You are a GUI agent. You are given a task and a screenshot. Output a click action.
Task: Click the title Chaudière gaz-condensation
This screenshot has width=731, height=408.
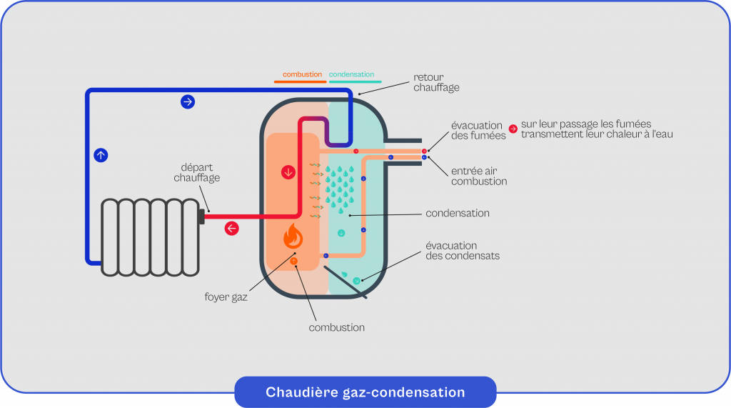click(x=365, y=392)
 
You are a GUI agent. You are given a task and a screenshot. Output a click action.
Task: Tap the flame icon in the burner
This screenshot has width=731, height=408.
click(x=293, y=234)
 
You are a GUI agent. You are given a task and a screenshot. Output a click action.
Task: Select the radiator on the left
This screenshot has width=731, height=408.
click(x=151, y=237)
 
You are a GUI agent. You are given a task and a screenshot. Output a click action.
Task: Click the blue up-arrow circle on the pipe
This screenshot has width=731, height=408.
click(x=101, y=154)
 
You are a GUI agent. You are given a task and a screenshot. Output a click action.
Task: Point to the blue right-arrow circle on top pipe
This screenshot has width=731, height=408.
click(x=187, y=101)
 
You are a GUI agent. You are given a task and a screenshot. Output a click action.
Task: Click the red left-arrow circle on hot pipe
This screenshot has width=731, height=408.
click(x=231, y=229)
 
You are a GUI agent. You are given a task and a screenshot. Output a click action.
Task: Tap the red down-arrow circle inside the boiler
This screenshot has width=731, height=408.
click(x=288, y=172)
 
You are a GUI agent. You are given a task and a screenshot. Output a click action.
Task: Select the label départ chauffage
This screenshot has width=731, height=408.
click(x=196, y=172)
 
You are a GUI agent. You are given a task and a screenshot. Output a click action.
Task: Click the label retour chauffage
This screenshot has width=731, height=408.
click(x=436, y=82)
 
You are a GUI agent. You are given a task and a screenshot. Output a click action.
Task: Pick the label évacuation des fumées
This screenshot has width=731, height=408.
click(x=477, y=130)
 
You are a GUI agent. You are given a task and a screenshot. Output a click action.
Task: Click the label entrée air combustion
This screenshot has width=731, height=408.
click(x=479, y=176)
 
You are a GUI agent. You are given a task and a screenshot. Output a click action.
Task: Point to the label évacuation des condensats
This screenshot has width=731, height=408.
click(x=462, y=250)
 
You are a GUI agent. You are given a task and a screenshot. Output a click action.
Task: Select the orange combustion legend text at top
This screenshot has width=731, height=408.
click(x=302, y=74)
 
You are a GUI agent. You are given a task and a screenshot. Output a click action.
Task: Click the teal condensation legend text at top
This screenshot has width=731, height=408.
click(x=351, y=74)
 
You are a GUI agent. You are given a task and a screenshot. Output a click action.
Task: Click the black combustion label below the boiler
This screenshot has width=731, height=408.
click(x=336, y=327)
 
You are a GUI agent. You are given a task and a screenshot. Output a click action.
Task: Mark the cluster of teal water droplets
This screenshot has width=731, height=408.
click(x=340, y=189)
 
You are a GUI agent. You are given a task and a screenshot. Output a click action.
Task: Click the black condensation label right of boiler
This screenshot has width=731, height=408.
click(x=457, y=213)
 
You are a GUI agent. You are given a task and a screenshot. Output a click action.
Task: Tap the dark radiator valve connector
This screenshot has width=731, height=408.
click(x=201, y=215)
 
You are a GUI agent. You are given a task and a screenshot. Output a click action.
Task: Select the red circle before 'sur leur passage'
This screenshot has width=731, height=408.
click(x=513, y=129)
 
